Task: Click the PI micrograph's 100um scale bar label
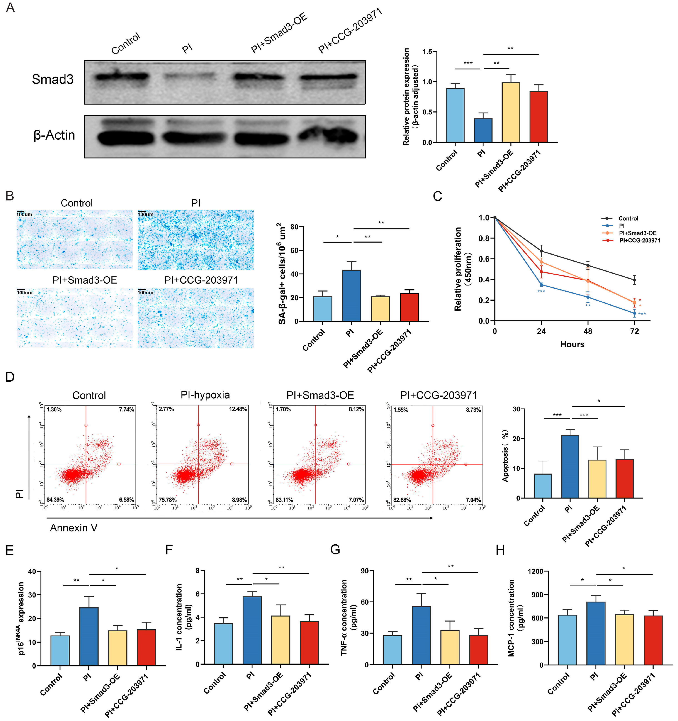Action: [146, 214]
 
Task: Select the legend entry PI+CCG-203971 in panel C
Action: [640, 240]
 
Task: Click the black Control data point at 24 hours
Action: [541, 251]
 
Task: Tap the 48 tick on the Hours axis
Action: [588, 331]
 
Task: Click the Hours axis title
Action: [572, 344]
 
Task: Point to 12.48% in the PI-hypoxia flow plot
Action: [238, 409]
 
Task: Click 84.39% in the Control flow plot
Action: [55, 500]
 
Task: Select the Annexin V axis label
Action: [74, 528]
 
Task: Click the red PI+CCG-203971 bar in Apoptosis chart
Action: [624, 478]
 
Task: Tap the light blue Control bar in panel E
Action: [60, 650]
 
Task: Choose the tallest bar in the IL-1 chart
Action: [252, 630]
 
